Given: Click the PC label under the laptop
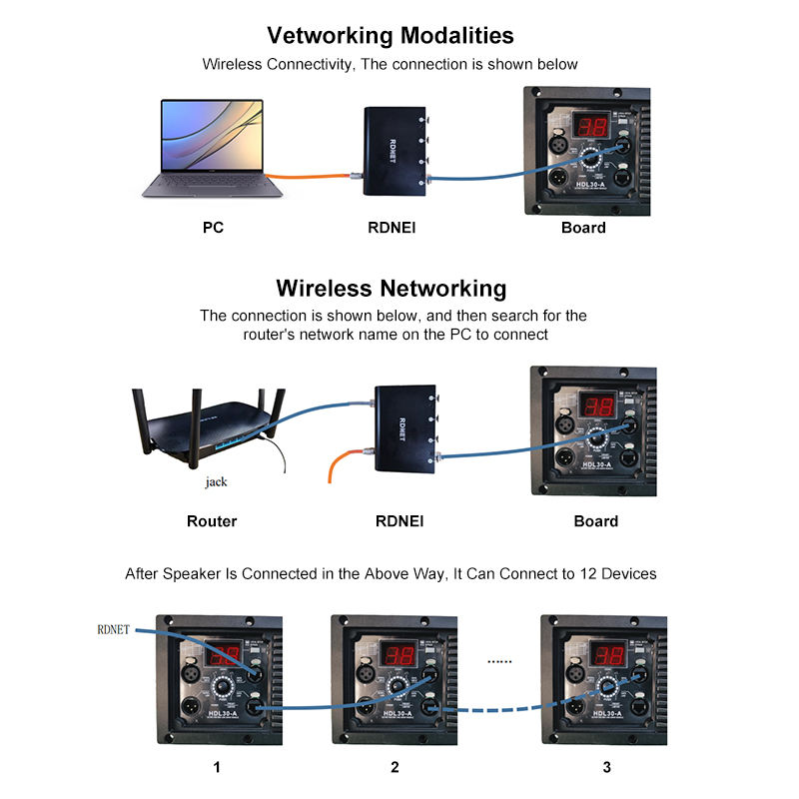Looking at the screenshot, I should (x=213, y=228).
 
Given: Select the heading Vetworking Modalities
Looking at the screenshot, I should (x=391, y=36).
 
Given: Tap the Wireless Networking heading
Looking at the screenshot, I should (x=391, y=289).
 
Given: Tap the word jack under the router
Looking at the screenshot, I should (x=216, y=481).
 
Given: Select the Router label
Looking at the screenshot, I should (x=212, y=521).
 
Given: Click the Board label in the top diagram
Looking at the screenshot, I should (x=583, y=228).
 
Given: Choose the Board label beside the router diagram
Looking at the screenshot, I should (x=595, y=521).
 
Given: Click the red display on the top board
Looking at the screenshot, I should (x=589, y=128).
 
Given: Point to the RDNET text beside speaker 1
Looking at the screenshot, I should (x=115, y=629).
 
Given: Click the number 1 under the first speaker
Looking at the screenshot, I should (x=217, y=767).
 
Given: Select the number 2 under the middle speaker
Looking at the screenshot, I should (x=395, y=767).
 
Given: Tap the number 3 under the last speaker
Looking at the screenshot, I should (x=606, y=767).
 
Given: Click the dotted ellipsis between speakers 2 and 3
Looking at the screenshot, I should (x=497, y=660).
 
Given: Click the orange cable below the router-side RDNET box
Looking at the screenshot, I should (x=340, y=463).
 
